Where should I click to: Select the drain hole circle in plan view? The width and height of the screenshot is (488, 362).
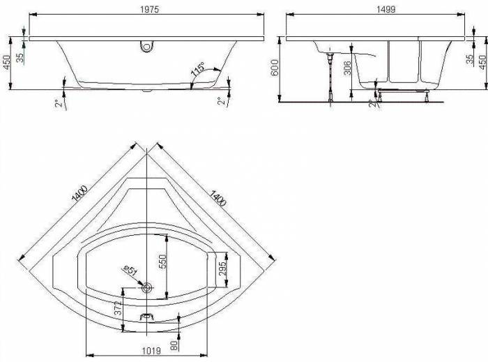146,287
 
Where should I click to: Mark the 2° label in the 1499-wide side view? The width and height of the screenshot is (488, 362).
372,103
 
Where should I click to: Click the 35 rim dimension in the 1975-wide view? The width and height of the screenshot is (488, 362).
22,56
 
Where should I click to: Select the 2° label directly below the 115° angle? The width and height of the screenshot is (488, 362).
221,101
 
